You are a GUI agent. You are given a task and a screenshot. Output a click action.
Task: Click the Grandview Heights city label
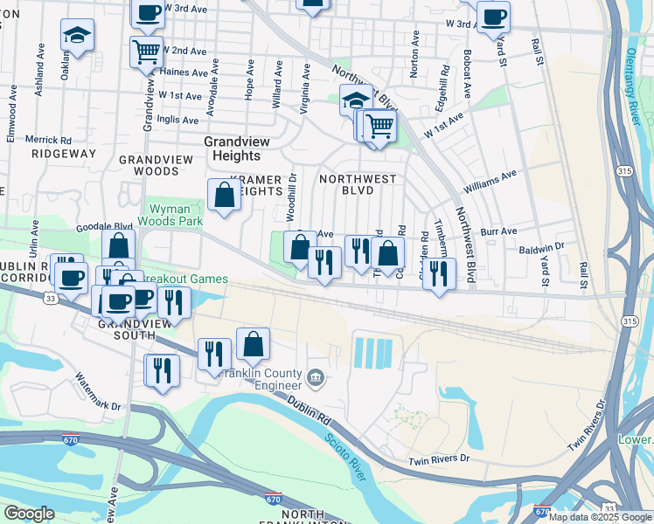click(x=232, y=148)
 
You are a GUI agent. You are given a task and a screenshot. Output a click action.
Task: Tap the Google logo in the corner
click(x=29, y=514)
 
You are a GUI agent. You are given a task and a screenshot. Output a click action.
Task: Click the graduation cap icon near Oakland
click(x=77, y=36)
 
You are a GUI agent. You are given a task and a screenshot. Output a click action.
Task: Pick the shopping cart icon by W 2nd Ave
click(x=146, y=50)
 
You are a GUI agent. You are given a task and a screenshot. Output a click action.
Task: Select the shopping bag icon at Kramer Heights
click(x=224, y=195)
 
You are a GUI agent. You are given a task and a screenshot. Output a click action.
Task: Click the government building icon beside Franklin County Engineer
click(x=316, y=378)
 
